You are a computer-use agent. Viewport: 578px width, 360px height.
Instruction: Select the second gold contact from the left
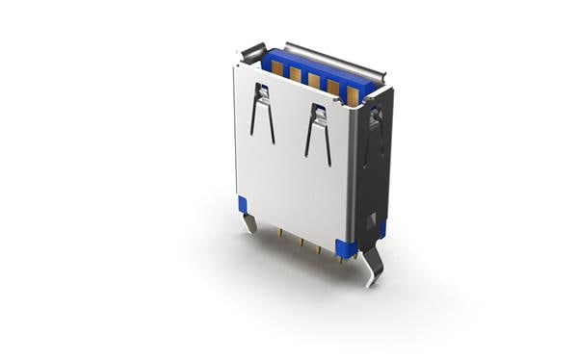pyautogui.click(x=294, y=74)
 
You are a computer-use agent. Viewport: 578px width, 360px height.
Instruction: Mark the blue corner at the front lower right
pyautogui.click(x=343, y=247)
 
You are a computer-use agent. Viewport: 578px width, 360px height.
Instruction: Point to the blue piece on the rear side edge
pyautogui.click(x=382, y=229)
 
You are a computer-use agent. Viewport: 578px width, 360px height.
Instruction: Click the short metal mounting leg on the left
pyautogui.click(x=250, y=221)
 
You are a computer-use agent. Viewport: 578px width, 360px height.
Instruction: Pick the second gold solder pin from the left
pyautogui.click(x=298, y=241)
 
